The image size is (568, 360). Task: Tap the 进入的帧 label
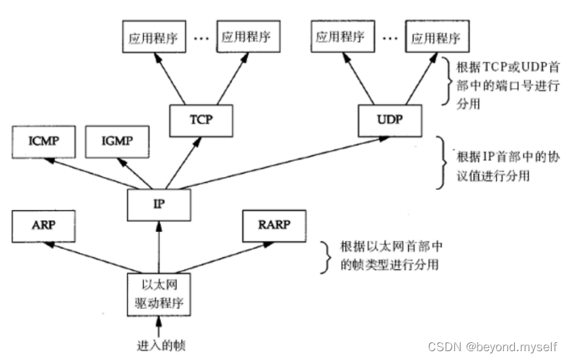click(158, 345)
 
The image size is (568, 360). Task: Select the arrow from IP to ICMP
click(95, 173)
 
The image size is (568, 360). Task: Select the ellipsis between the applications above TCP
click(201, 39)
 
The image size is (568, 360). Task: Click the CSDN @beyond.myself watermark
click(493, 346)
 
